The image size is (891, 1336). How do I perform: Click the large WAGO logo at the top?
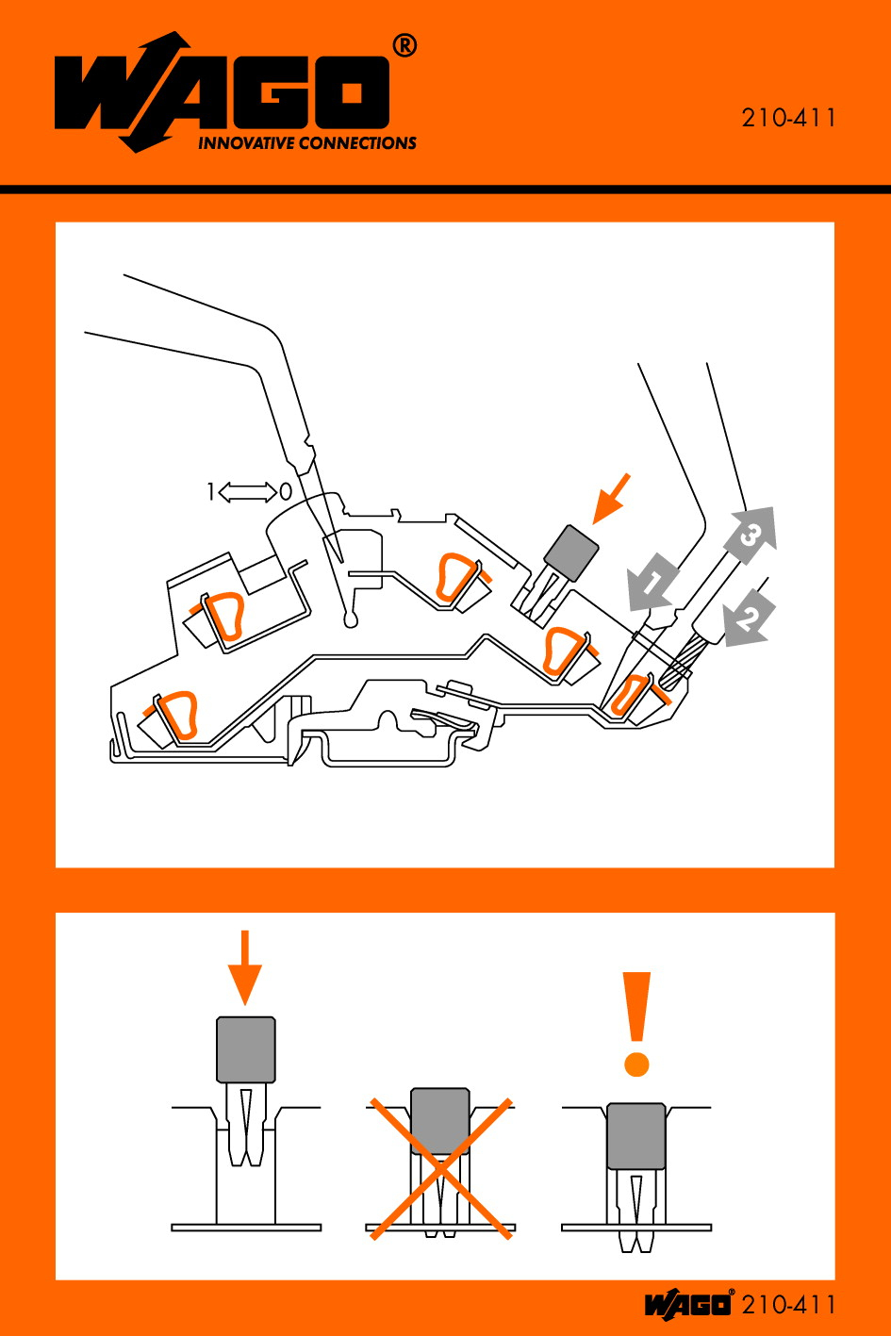click(223, 92)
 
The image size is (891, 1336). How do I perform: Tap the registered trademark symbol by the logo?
click(404, 45)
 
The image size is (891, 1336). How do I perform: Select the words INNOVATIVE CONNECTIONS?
click(306, 143)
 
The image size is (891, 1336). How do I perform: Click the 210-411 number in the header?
click(788, 119)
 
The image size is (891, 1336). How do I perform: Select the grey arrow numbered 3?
click(751, 535)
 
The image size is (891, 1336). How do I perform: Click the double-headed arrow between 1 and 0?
click(247, 491)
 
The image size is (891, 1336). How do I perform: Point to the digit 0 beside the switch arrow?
click(285, 491)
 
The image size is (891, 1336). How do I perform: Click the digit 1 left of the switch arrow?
click(211, 491)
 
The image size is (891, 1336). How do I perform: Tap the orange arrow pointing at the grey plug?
click(612, 498)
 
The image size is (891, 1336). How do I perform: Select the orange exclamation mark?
click(638, 1023)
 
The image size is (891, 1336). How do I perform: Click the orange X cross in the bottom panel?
click(440, 1167)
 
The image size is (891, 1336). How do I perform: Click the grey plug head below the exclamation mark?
click(636, 1136)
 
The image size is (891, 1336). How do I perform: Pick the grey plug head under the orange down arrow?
click(246, 1049)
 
